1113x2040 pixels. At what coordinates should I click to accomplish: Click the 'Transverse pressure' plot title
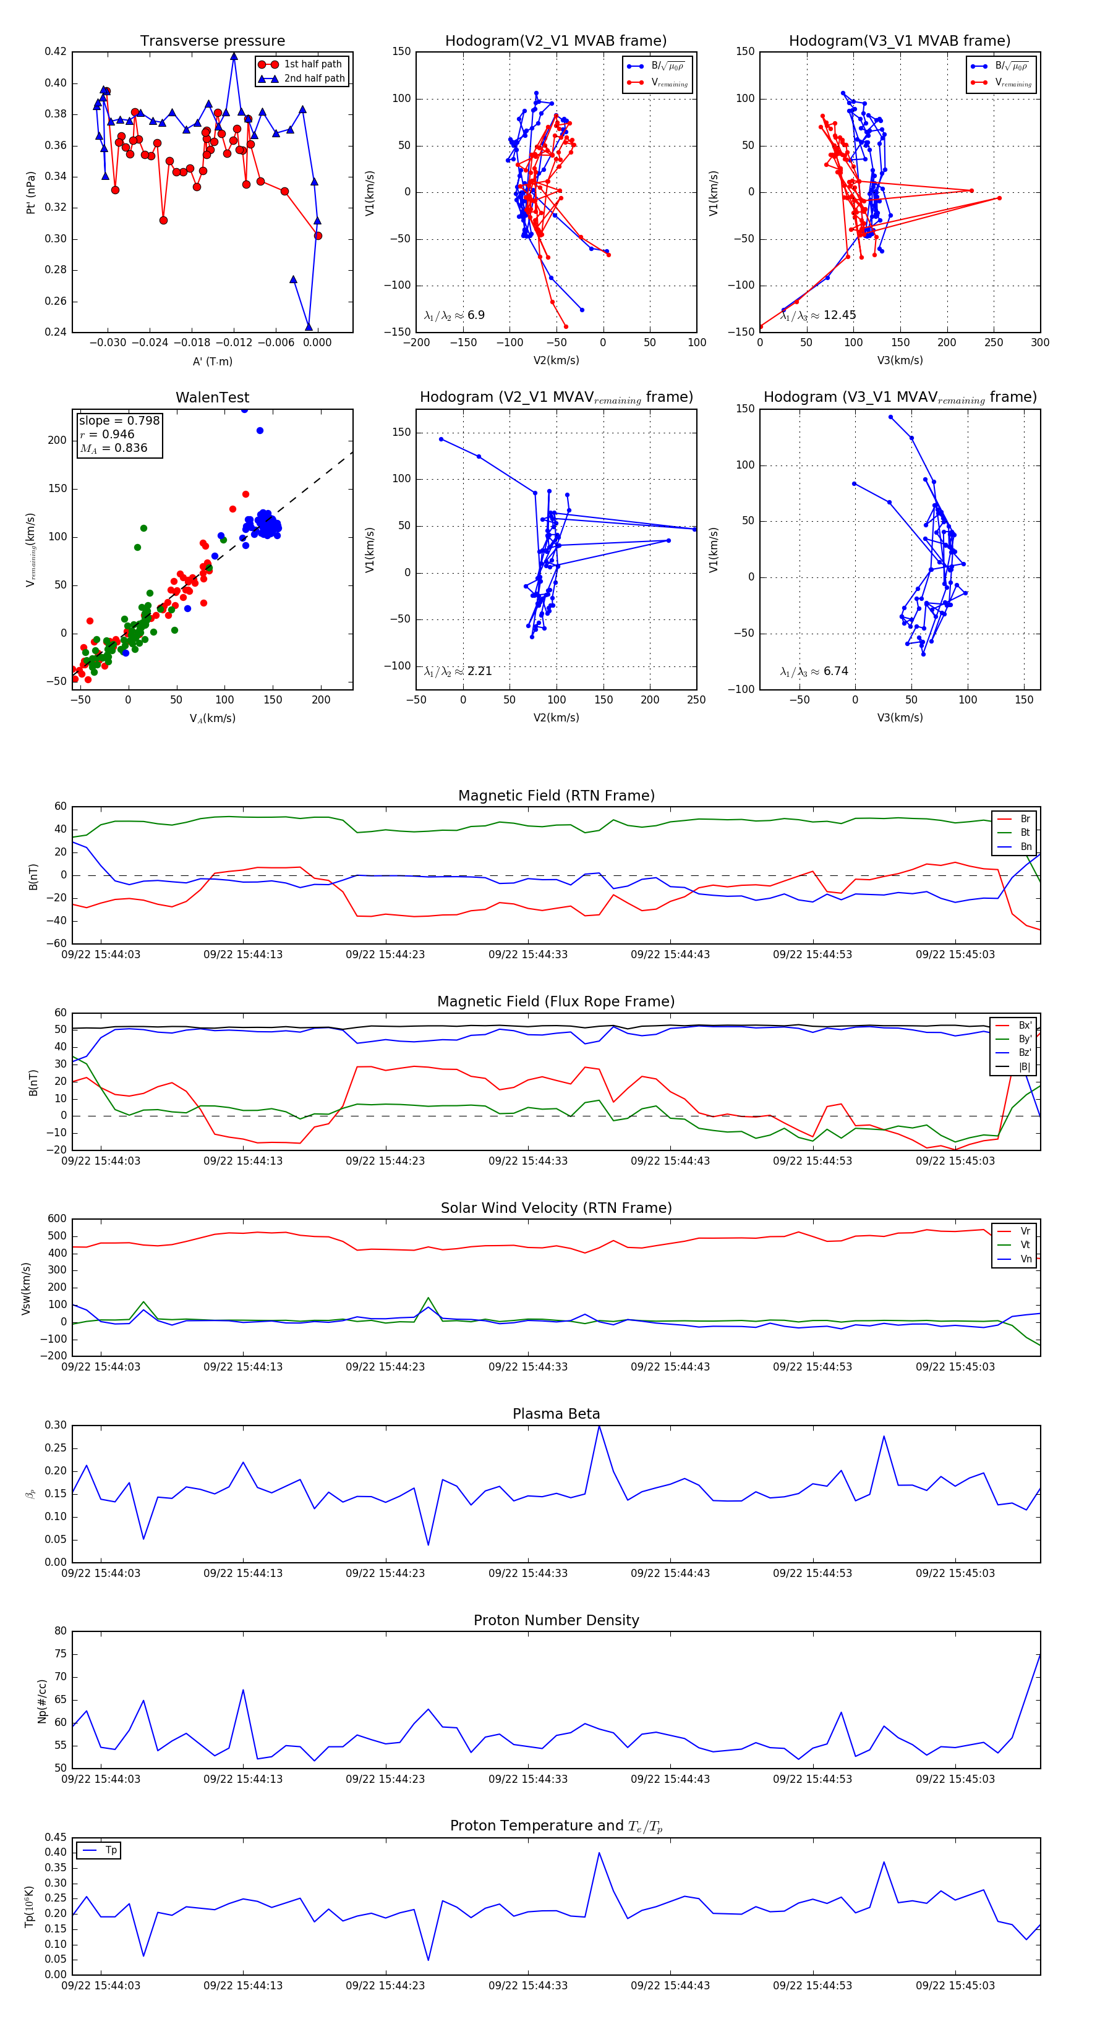pos(212,41)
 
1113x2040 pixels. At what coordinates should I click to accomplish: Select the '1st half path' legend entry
pos(312,64)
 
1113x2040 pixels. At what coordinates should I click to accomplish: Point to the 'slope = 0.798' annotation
pos(119,420)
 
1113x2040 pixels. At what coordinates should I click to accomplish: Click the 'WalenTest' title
pos(212,397)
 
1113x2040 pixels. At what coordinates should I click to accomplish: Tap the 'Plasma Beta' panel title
pos(556,1414)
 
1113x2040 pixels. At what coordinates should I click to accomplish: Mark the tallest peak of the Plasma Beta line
pos(599,1426)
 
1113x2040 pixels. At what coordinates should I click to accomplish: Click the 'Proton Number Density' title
pos(556,1620)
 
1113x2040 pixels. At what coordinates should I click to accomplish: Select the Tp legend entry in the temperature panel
pos(110,1850)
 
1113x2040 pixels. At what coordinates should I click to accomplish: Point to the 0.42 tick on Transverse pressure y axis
pos(56,51)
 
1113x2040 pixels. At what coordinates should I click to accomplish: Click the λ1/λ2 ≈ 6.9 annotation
pos(454,315)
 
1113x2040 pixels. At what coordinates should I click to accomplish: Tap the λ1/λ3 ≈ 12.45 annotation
pos(818,315)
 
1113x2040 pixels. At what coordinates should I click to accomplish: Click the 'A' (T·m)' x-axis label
pos(212,361)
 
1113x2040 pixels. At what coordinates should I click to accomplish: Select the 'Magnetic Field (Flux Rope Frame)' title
pos(556,1002)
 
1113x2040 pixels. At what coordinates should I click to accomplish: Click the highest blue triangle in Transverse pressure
pos(234,56)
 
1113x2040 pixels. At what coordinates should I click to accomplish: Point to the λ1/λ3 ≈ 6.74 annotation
pos(814,671)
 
